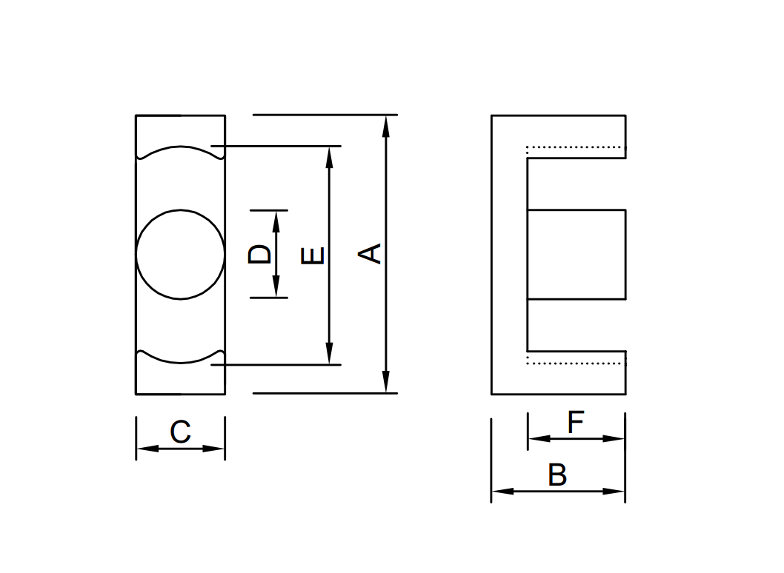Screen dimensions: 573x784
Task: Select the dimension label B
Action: click(557, 475)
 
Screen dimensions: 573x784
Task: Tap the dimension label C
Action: click(180, 432)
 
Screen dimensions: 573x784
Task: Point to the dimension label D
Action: click(259, 254)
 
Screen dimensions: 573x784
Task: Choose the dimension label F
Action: click(576, 423)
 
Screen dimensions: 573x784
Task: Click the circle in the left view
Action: click(180, 254)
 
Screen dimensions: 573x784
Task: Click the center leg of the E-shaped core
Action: click(577, 254)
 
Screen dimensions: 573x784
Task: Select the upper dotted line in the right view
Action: click(576, 147)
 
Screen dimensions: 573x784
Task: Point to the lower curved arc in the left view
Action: click(180, 362)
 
